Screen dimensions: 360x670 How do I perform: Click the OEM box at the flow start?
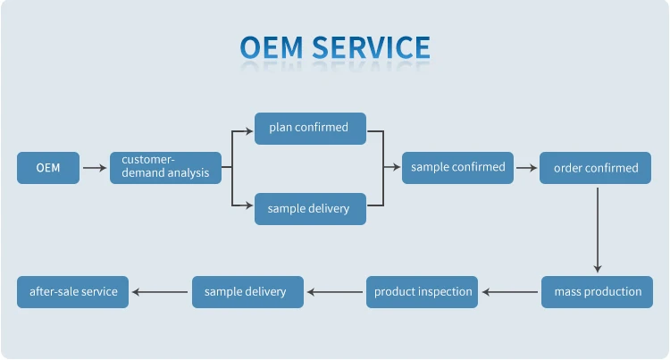pos(47,168)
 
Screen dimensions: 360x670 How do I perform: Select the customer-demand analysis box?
pos(165,167)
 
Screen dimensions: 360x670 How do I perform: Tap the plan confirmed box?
pos(309,128)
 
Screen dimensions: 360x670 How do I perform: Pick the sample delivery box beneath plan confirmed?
pos(309,209)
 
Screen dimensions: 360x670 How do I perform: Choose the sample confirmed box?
pos(457,167)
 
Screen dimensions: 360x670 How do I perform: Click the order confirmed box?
pos(596,168)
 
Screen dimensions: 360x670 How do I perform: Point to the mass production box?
pos(598,292)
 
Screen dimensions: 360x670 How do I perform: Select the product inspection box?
pos(422,292)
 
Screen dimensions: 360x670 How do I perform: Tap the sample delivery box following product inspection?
pos(247,292)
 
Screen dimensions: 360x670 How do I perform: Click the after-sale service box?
pos(73,292)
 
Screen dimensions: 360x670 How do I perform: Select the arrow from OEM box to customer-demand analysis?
pos(94,168)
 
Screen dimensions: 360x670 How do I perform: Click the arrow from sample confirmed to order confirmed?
pos(526,168)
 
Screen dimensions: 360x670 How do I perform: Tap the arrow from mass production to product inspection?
pos(510,292)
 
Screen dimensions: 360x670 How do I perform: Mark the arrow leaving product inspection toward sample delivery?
pos(335,292)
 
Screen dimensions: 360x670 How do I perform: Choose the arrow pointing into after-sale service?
pos(161,292)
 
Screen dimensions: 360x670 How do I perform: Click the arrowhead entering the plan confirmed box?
pos(250,130)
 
